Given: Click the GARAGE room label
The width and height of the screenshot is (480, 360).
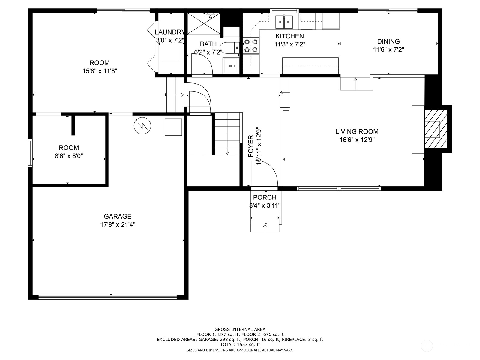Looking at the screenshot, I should click(x=118, y=216).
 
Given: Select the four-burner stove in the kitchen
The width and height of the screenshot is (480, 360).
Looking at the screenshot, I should click(x=251, y=46).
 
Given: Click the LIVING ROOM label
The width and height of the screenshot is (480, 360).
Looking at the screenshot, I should click(x=357, y=131).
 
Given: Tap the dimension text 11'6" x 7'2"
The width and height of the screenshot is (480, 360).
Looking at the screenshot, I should click(x=388, y=50).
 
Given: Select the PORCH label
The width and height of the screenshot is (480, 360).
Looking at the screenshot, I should click(x=265, y=197).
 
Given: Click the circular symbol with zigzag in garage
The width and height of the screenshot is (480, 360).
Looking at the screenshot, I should click(x=142, y=125).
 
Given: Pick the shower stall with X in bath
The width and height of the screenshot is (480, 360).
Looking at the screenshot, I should click(x=204, y=24).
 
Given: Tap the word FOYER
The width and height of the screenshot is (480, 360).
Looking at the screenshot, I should click(x=251, y=146).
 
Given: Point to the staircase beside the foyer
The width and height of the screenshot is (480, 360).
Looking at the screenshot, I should click(x=227, y=133).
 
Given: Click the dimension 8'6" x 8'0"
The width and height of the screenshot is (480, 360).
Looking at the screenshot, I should click(x=69, y=156).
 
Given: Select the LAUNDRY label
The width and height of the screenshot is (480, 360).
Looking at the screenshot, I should click(x=169, y=32).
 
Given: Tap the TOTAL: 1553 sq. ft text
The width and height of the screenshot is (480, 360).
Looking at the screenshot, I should click(x=240, y=345).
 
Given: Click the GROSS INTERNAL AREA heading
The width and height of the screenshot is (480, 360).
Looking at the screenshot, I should click(x=240, y=329).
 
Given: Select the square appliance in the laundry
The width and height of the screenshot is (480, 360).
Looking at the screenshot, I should click(x=169, y=52).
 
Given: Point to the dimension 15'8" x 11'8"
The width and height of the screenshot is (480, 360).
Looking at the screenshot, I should click(x=100, y=71).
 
